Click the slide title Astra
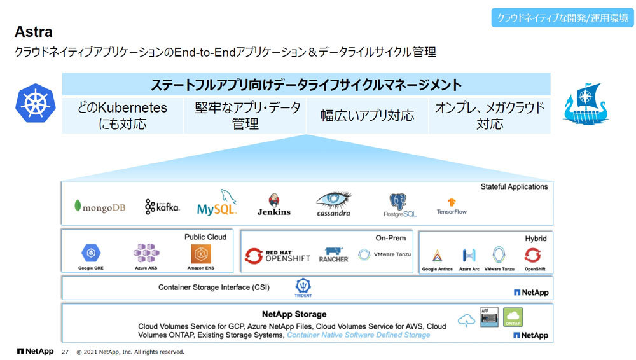click(33, 32)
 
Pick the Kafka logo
click(162, 206)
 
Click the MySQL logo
click(217, 204)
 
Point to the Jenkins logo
click(273, 205)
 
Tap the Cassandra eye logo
click(334, 203)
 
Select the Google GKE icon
click(91, 254)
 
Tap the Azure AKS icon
click(146, 254)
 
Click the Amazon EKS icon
click(201, 254)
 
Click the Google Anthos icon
click(438, 256)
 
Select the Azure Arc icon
click(469, 256)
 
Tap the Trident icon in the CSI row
click(303, 287)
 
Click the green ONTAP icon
click(513, 317)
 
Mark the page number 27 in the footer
click(64, 352)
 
